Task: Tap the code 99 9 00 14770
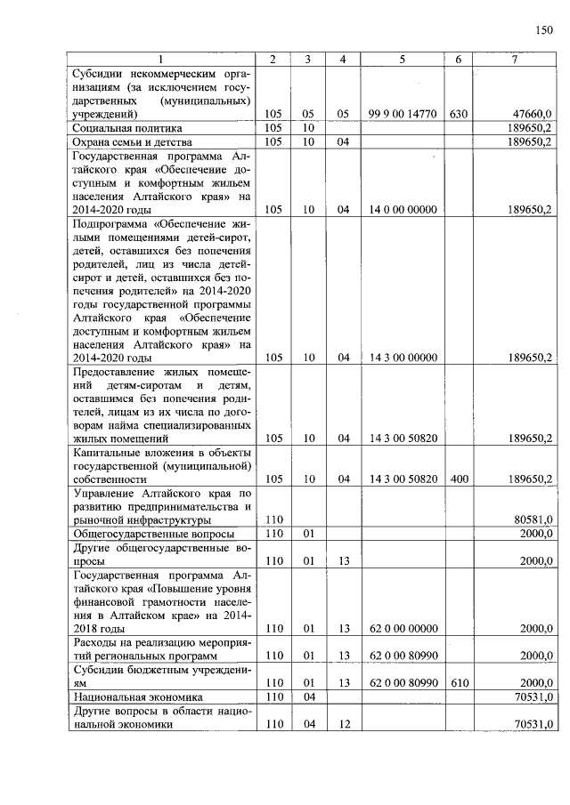[403, 114]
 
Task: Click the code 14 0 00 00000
[403, 209]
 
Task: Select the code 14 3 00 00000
[403, 358]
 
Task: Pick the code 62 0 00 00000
[403, 628]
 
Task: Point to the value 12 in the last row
[343, 724]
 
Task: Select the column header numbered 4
[343, 59]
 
